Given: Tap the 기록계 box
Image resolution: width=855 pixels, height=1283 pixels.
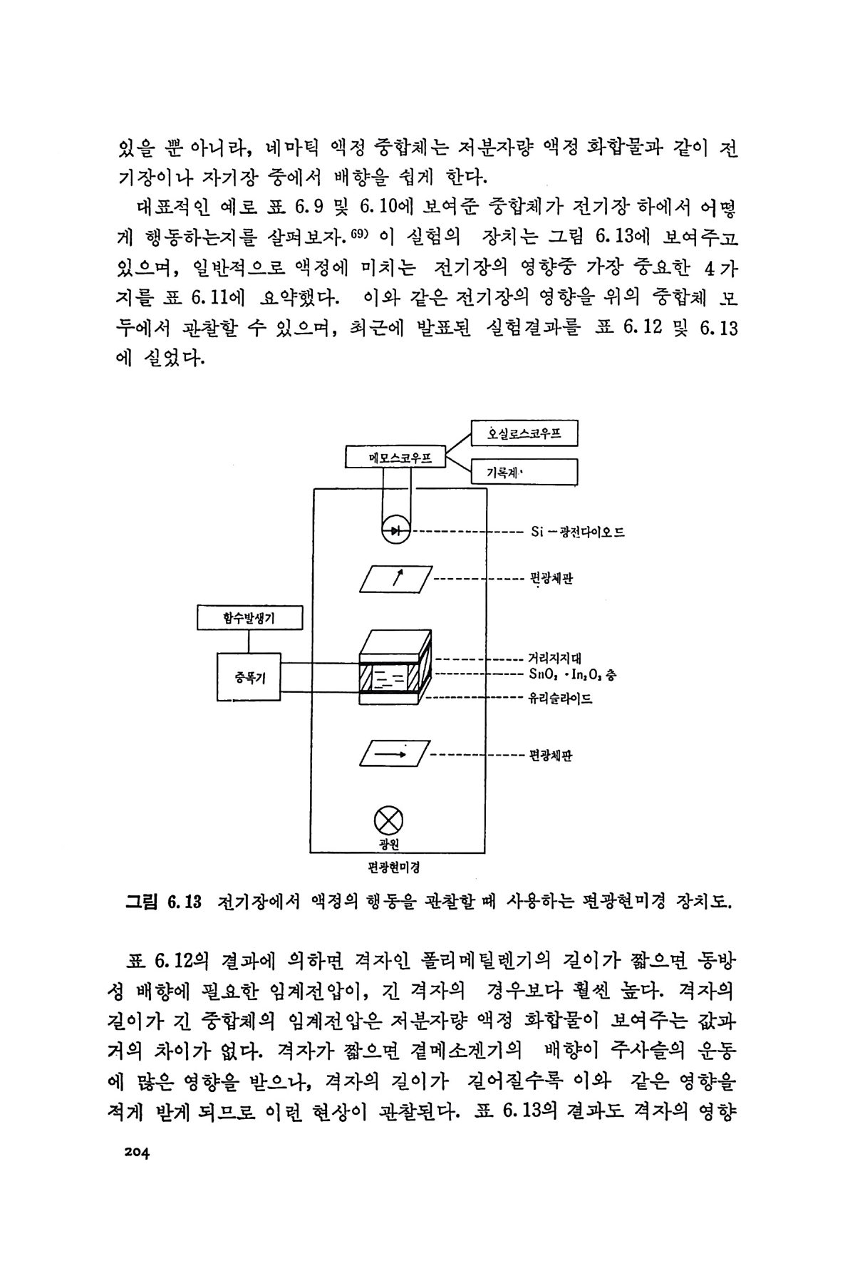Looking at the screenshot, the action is pos(524,471).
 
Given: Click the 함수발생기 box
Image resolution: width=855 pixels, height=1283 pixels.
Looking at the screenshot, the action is pos(249,618).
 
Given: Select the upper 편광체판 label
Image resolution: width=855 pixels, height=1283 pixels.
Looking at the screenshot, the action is pos(552,579).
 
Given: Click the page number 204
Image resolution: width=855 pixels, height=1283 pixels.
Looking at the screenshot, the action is pos(134,1156).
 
